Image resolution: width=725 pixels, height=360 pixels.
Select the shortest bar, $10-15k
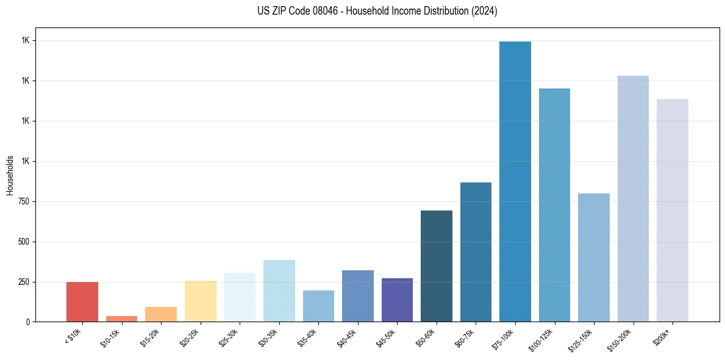click(x=121, y=319)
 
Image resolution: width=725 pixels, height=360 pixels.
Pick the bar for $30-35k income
click(x=279, y=290)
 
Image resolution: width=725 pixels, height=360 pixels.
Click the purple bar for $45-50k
click(x=397, y=300)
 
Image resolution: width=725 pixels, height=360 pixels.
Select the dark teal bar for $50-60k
click(x=437, y=266)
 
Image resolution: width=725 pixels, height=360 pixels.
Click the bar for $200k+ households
click(x=673, y=210)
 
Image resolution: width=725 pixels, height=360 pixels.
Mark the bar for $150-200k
click(x=633, y=198)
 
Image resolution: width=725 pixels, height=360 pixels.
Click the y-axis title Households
click(x=10, y=175)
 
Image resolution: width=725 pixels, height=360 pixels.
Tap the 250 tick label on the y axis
click(x=23, y=282)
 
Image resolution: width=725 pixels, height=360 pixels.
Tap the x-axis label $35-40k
click(x=309, y=337)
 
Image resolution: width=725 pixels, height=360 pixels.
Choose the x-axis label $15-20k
click(x=151, y=337)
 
